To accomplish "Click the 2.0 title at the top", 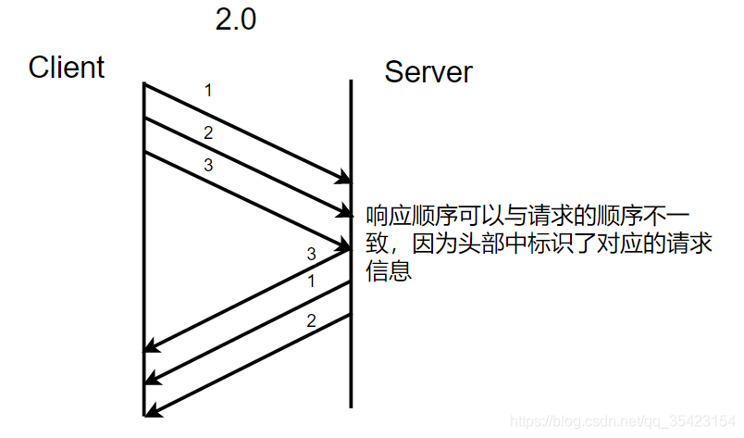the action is tap(235, 19).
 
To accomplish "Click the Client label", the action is tap(67, 67).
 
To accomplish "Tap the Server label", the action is tap(428, 71).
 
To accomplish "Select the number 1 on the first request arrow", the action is tap(208, 91).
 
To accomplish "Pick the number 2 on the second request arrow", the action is tap(208, 132).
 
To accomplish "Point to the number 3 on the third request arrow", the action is tap(208, 165).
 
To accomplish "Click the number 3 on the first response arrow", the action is tap(311, 253).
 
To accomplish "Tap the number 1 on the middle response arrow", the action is tap(311, 281).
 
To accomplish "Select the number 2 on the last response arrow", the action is tap(311, 321).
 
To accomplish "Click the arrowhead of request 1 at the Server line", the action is tap(344, 178).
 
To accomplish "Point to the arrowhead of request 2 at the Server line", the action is tap(344, 211).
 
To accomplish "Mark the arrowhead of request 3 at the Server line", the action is tap(344, 245).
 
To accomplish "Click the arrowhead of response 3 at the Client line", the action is tap(151, 347).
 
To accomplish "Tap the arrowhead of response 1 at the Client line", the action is tap(151, 379).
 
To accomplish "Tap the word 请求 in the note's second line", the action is tap(667, 244).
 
